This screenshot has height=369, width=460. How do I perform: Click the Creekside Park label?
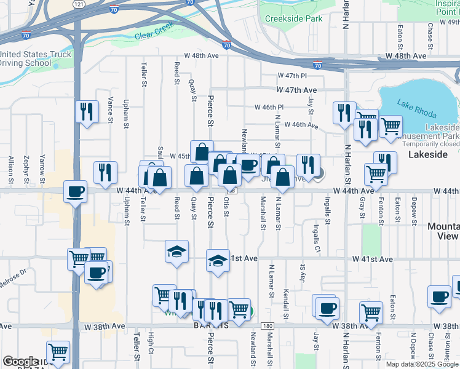click(293, 18)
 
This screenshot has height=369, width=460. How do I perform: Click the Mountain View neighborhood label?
click(443, 231)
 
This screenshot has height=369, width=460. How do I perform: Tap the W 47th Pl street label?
click(291, 76)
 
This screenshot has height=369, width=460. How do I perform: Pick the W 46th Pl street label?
click(269, 107)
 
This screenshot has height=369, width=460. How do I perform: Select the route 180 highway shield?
click(266, 325)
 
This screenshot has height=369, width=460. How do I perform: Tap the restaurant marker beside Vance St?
click(86, 112)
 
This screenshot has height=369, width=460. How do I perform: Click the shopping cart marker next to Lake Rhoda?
click(391, 127)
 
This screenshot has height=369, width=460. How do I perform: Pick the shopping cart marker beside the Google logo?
click(58, 352)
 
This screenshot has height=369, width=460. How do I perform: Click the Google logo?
click(20, 362)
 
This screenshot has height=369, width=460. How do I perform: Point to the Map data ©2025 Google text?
click(421, 364)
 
